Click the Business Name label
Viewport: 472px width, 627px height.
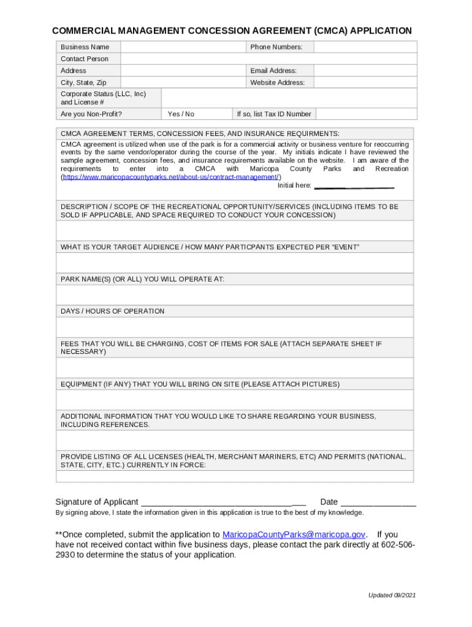tap(85, 47)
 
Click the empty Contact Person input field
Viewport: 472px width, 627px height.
tap(184, 59)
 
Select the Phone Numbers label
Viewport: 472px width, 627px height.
tap(276, 47)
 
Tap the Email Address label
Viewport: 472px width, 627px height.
tap(273, 71)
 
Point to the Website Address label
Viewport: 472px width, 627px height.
tap(277, 83)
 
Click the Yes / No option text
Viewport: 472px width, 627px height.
tap(181, 114)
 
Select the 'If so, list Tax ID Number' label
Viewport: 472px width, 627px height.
tap(274, 114)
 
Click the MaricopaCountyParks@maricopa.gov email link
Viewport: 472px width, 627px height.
tap(294, 535)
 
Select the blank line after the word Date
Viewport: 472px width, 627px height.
tap(378, 502)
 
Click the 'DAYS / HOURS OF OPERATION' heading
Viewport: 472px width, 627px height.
tap(112, 311)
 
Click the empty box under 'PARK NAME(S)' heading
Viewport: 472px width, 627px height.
tap(235, 295)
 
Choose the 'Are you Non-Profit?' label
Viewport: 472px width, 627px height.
tap(91, 114)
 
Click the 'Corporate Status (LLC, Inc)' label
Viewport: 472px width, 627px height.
tap(103, 94)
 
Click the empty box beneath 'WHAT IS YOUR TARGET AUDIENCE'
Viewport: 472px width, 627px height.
tap(235, 263)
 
